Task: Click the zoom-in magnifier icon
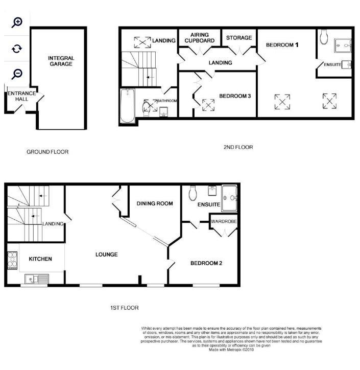[17, 22]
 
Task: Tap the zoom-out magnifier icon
[17, 74]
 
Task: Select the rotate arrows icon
[17, 49]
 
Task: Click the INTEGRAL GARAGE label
[61, 61]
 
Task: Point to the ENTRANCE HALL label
[21, 97]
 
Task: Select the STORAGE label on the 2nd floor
[239, 38]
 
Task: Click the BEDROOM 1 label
[282, 45]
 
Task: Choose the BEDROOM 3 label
[235, 96]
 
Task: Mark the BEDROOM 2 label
[206, 263]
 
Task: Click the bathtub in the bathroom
[127, 106]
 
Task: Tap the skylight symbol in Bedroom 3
[208, 105]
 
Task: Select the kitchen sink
[36, 279]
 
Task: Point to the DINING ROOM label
[155, 203]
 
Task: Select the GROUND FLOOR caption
[47, 152]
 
